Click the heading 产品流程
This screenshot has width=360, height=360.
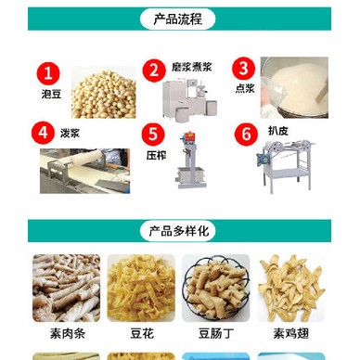point(179,19)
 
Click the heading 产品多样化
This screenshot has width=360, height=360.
point(179,231)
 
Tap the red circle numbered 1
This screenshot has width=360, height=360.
point(49,72)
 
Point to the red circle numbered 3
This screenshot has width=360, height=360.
point(242,68)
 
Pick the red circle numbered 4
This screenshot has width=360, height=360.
point(41,132)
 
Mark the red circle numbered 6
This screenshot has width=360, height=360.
point(246,134)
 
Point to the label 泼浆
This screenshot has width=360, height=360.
point(71,132)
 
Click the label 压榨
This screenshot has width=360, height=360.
point(155,156)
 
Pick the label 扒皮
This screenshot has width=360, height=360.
point(274,129)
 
